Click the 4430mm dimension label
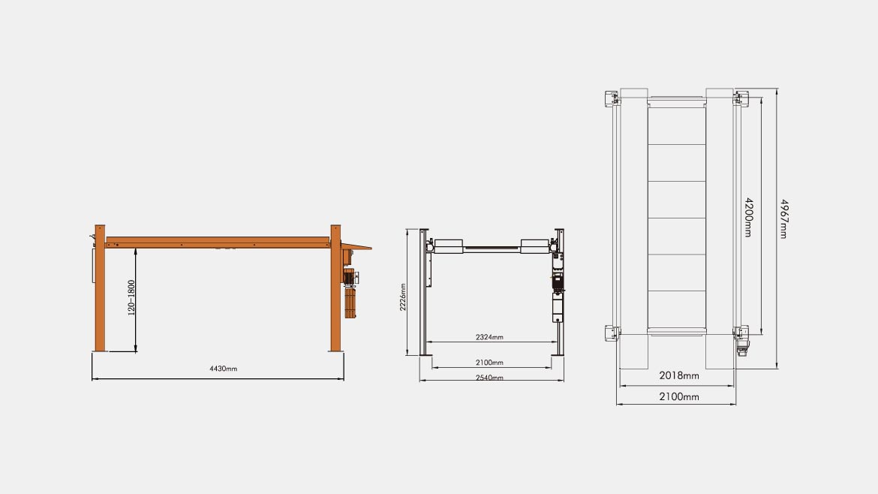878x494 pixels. pos(224,369)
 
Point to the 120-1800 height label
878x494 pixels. pos(131,298)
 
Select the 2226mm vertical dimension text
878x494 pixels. pos(402,297)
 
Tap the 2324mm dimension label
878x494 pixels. pos(489,337)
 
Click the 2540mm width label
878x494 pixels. pos(489,378)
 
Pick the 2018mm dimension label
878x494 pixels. pos(678,376)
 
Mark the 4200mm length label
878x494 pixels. pos(749,217)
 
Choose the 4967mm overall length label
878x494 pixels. pos(784,219)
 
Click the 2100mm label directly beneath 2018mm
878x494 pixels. pos(678,396)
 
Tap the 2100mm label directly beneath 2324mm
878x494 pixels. pos(489,363)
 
